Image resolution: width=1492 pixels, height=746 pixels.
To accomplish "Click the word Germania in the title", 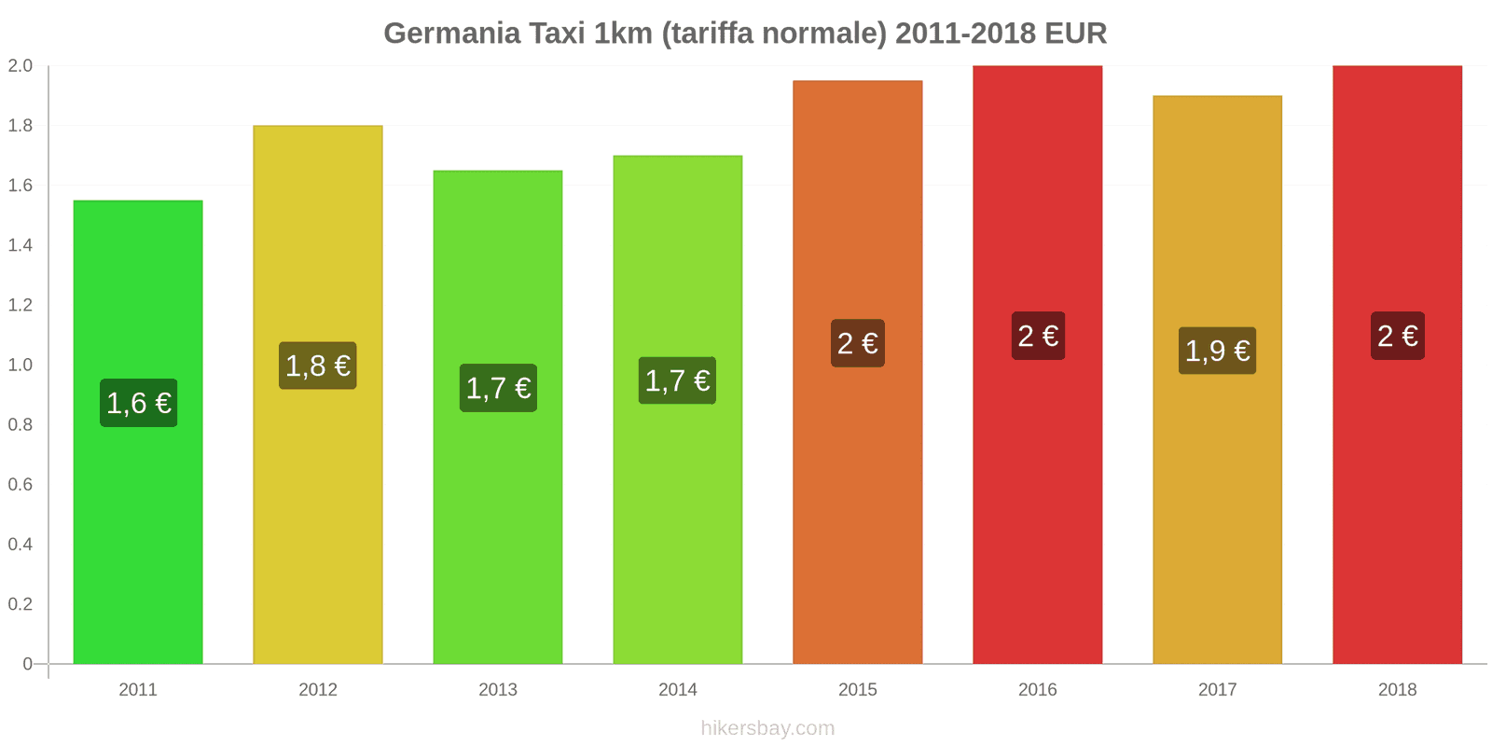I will pos(451,34).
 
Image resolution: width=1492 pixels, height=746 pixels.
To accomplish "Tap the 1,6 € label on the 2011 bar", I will pos(138,403).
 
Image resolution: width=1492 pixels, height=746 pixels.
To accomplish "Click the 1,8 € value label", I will pos(317,366).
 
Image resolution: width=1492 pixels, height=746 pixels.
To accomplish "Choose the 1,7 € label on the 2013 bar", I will pos(498,388).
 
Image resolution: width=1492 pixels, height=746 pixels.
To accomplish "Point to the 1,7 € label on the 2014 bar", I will pos(677,380).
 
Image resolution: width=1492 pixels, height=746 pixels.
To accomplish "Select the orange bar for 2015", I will pos(857,522).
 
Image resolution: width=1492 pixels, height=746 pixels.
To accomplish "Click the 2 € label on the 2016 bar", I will pos(1038,336).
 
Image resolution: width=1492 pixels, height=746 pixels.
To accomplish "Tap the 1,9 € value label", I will pos(1217,351).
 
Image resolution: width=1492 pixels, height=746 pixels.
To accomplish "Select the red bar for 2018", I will pos(1397,522).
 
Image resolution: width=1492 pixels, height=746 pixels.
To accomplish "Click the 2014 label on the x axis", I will pos(677,690).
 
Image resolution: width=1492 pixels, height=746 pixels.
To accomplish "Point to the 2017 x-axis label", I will pos(1217,690).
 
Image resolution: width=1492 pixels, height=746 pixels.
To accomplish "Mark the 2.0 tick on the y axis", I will pos(21,66).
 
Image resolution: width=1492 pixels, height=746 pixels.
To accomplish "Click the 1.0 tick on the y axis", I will pos(21,365).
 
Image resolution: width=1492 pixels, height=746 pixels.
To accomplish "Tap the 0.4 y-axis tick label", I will pos(21,544).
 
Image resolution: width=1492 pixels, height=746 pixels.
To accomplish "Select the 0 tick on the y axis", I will pos(28,664).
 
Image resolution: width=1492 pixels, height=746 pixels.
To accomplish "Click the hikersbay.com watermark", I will pos(767,728).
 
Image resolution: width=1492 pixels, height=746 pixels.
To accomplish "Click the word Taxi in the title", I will pos(557,34).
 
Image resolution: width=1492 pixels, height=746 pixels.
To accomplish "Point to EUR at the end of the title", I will pos(1075,34).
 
